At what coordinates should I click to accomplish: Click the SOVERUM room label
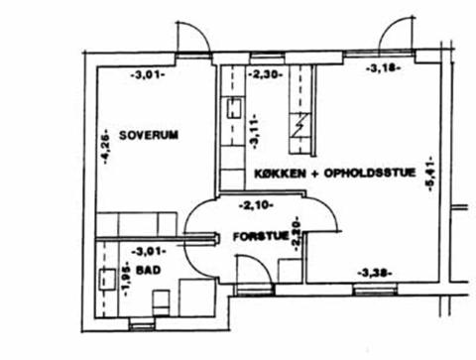click(x=149, y=135)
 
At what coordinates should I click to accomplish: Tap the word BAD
click(x=149, y=270)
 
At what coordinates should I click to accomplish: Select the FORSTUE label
click(x=261, y=236)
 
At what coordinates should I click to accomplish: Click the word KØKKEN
click(x=280, y=174)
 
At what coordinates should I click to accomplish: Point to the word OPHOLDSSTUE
click(x=370, y=173)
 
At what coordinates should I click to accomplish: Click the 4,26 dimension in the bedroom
click(x=106, y=147)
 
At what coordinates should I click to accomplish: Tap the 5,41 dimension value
click(x=430, y=174)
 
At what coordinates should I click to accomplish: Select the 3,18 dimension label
click(x=384, y=68)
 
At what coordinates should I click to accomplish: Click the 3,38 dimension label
click(x=375, y=274)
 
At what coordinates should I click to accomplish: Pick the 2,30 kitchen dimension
click(x=265, y=74)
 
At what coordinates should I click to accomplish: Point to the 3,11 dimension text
click(x=255, y=132)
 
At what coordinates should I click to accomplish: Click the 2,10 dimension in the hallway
click(x=256, y=205)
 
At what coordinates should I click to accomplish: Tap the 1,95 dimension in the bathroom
click(x=125, y=279)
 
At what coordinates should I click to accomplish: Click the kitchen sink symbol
click(x=234, y=109)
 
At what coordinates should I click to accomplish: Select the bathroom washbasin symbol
click(x=107, y=280)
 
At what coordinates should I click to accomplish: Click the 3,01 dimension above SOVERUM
click(x=148, y=75)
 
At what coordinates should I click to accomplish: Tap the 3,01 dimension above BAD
click(x=149, y=252)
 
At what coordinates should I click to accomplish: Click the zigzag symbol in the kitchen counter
click(x=300, y=125)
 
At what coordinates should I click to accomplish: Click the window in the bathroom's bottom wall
click(x=142, y=324)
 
